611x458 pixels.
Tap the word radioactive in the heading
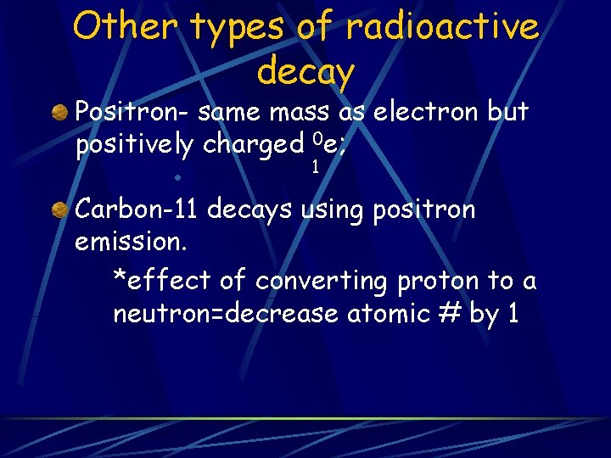tap(441, 26)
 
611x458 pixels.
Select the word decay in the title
tap(305, 72)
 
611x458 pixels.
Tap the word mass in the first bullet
tap(300, 112)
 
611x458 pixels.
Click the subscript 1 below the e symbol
tap(315, 167)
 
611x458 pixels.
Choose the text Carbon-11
tap(137, 209)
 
